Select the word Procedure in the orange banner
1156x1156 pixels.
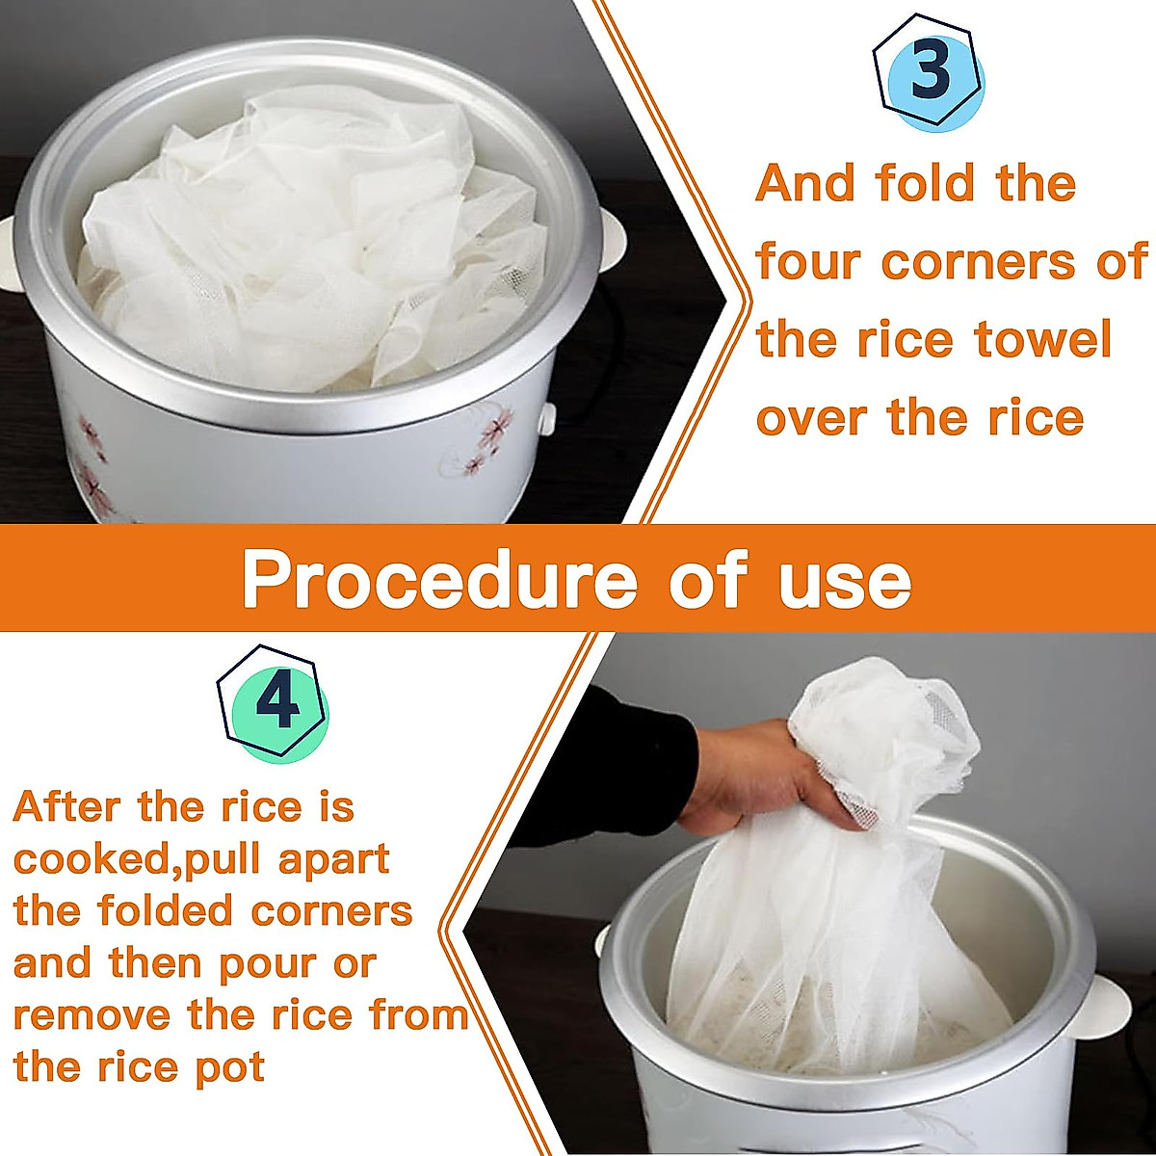pos(439,579)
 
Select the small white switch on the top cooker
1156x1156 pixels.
pos(547,417)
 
